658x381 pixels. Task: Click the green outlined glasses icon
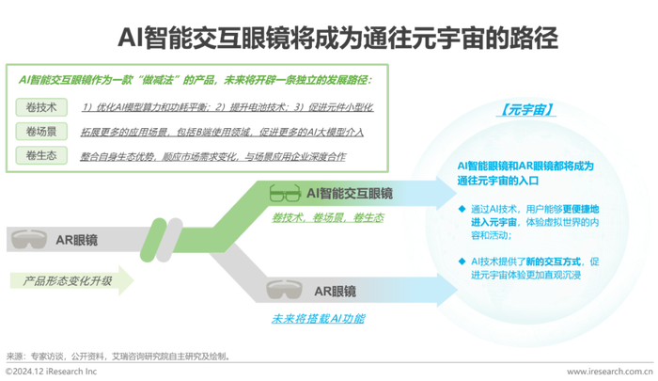point(282,194)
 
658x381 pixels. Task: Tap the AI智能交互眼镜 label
point(350,194)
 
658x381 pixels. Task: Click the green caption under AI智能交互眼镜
point(325,218)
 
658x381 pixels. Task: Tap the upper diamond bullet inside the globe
point(462,209)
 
